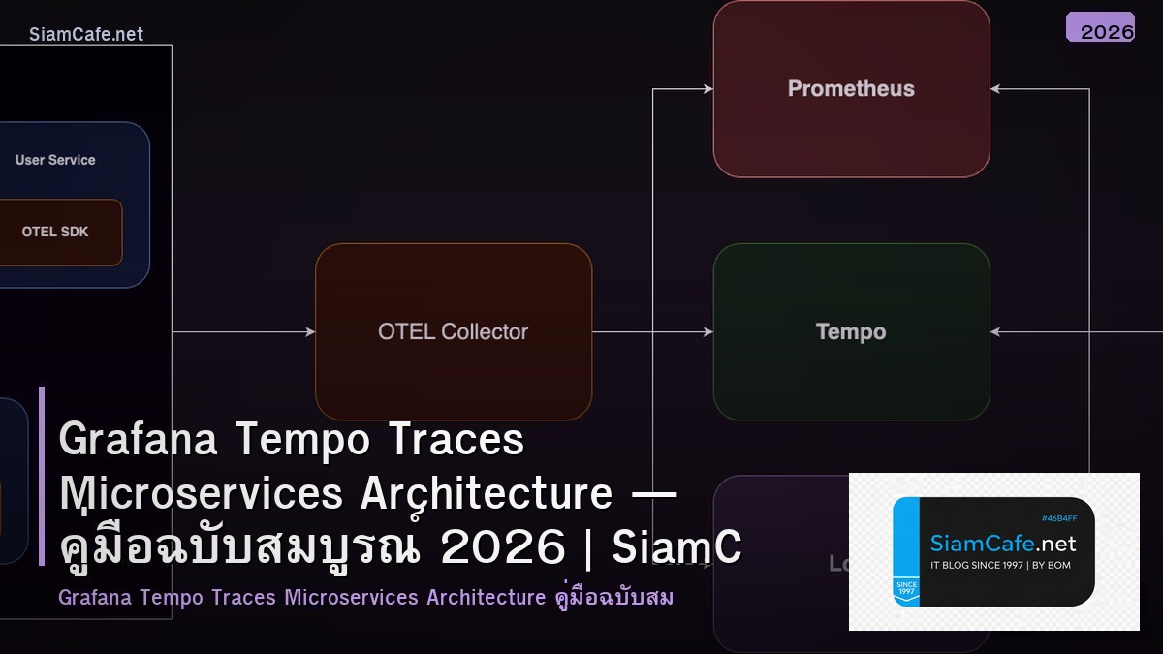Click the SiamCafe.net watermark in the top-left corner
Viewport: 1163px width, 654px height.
85,34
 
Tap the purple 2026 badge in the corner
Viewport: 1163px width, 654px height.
1101,28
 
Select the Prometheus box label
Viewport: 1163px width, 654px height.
851,89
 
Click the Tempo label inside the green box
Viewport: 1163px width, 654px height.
851,332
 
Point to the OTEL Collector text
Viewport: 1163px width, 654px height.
453,331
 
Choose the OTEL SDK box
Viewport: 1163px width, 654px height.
55,233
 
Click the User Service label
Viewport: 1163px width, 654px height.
55,160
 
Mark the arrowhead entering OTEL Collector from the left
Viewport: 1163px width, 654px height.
309,332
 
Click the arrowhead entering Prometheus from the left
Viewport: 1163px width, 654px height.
707,89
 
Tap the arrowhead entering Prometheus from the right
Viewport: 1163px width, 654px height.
996,89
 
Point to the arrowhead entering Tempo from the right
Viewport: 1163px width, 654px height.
996,332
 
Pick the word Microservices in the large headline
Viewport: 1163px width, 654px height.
202,493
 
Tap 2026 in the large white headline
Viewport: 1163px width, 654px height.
502,548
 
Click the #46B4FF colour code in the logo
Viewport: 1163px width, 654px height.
1059,518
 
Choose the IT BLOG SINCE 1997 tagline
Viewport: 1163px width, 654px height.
1000,565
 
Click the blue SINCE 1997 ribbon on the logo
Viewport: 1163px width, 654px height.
908,588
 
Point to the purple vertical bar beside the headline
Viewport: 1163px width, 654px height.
42,475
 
